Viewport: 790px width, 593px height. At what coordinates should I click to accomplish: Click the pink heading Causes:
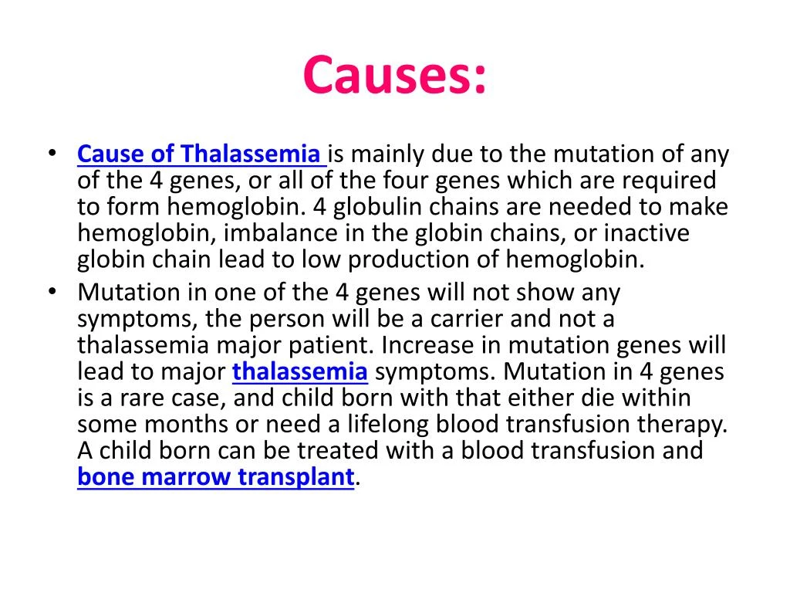click(395, 75)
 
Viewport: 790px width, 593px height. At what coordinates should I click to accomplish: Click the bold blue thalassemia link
click(300, 372)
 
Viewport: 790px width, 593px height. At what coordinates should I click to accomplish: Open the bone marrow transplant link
click(215, 477)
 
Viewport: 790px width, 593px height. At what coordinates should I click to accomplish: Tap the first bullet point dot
click(51, 154)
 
